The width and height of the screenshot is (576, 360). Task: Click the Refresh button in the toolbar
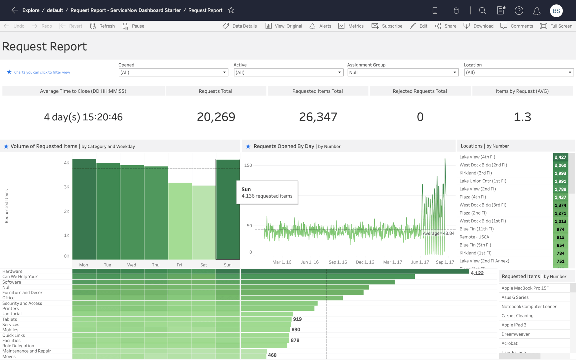pos(103,26)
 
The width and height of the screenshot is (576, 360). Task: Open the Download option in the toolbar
pos(479,26)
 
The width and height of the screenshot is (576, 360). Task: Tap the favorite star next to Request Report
pos(231,10)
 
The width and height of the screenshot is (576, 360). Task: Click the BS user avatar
pos(556,11)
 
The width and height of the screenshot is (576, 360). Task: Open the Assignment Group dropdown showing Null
pos(403,73)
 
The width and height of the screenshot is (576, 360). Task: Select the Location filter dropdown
pos(518,73)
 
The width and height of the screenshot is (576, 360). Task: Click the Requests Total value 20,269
pos(216,117)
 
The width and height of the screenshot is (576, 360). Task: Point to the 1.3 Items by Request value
pos(522,117)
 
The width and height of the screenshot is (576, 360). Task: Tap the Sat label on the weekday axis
pos(204,265)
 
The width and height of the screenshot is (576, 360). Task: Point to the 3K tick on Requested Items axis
pos(67,187)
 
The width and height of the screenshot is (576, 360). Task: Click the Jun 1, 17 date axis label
pos(420,262)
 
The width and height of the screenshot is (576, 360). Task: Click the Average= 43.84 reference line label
pos(438,233)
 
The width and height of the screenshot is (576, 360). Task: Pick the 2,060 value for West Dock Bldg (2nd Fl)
pos(560,165)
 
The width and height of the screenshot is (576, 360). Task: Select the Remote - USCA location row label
pos(474,237)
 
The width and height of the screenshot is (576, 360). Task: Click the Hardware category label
pos(12,271)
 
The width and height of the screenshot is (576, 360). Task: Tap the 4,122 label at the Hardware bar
pos(477,273)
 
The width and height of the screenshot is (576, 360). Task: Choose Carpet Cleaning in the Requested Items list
pos(517,316)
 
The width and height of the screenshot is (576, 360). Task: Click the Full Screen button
pos(556,26)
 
